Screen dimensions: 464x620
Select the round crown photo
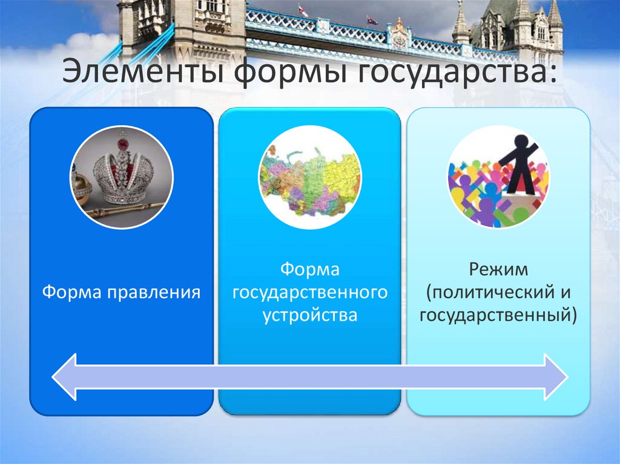pyautogui.click(x=122, y=177)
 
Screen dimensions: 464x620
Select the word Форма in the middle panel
pyautogui.click(x=309, y=269)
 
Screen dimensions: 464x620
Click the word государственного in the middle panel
pyautogui.click(x=310, y=293)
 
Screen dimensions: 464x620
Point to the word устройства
pyautogui.click(x=310, y=315)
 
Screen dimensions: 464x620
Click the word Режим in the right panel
pyautogui.click(x=498, y=269)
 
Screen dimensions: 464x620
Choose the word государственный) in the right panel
pyautogui.click(x=498, y=315)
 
